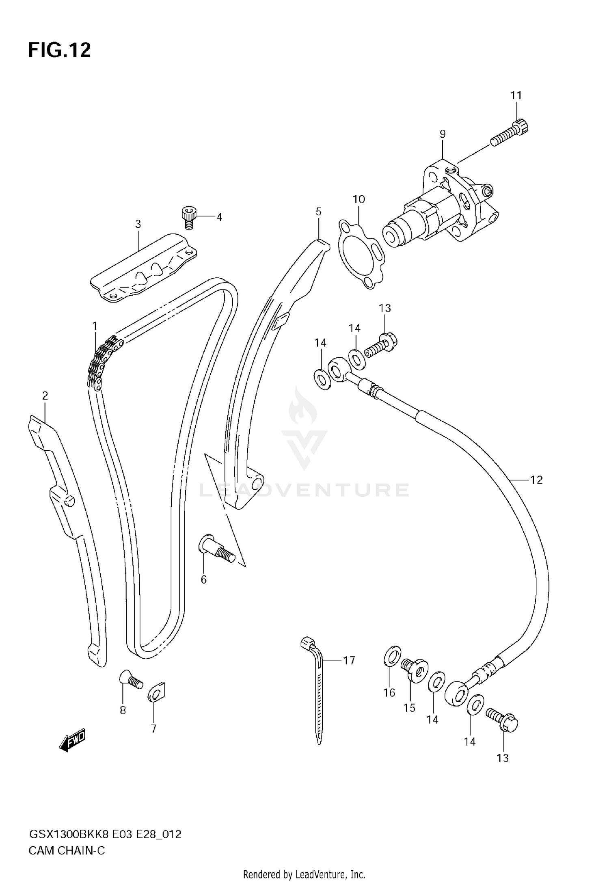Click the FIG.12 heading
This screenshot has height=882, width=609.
(59, 50)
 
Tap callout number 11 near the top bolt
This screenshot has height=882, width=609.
(516, 95)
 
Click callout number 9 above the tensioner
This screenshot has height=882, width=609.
(442, 134)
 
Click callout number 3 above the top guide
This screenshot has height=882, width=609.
(138, 224)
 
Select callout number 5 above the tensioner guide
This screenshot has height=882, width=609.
(318, 212)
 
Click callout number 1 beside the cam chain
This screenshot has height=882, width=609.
(95, 326)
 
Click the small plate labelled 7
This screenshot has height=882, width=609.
(157, 692)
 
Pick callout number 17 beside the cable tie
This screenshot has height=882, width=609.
(349, 661)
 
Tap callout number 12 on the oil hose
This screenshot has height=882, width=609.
(536, 480)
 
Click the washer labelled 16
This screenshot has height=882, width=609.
(392, 656)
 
